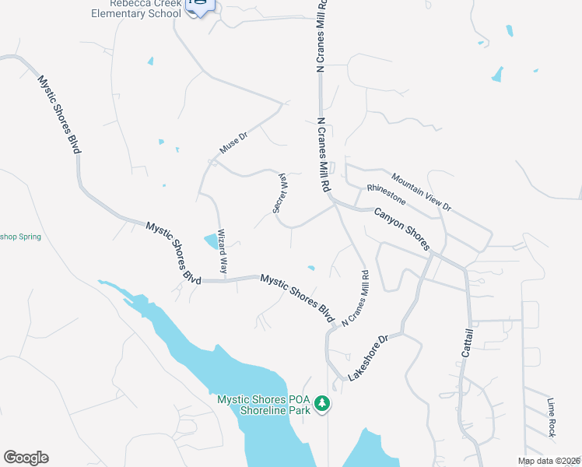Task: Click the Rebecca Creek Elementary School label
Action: pyautogui.click(x=136, y=9)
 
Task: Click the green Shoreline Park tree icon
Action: pyautogui.click(x=322, y=405)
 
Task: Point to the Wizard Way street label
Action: pyautogui.click(x=223, y=253)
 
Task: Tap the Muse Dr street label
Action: pyautogui.click(x=233, y=142)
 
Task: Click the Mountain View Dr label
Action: pyautogui.click(x=421, y=191)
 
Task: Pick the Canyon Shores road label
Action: pyautogui.click(x=402, y=229)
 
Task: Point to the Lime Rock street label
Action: pyautogui.click(x=552, y=418)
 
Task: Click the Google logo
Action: pyautogui.click(x=26, y=458)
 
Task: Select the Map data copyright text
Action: pyautogui.click(x=549, y=461)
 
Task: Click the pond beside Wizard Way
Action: pyautogui.click(x=211, y=241)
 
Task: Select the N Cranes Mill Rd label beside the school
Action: pyautogui.click(x=320, y=37)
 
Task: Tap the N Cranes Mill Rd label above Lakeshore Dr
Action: pyautogui.click(x=355, y=297)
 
